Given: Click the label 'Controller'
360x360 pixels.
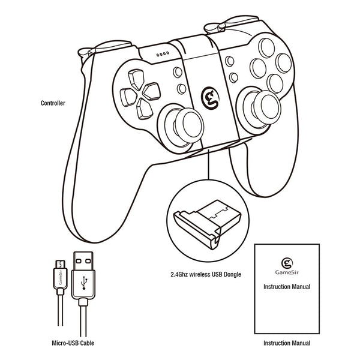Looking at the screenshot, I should click(x=53, y=103).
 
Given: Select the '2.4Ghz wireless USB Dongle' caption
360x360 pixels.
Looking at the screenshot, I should click(x=205, y=275).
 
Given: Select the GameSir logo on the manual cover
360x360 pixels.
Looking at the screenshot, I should click(x=287, y=262).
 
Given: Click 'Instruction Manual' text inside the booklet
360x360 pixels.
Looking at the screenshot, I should click(x=287, y=287).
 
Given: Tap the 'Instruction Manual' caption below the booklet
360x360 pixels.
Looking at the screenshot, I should click(x=287, y=344).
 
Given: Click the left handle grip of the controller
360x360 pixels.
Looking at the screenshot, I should click(x=102, y=198).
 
